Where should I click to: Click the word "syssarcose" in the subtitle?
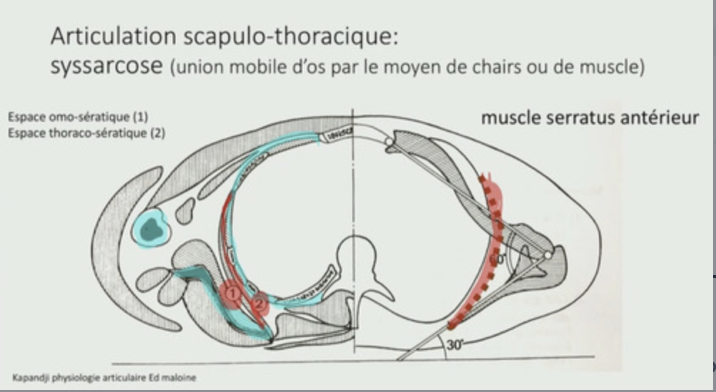[106, 66]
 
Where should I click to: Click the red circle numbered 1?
[230, 292]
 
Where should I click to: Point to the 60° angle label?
[497, 259]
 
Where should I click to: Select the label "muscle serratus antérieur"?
[589, 118]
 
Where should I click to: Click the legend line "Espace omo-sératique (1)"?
[78, 118]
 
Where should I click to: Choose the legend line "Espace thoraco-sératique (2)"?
[86, 132]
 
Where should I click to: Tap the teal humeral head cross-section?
[150, 228]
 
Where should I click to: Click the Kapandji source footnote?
[104, 378]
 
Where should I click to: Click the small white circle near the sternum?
[388, 142]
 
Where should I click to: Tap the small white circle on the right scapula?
[548, 254]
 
